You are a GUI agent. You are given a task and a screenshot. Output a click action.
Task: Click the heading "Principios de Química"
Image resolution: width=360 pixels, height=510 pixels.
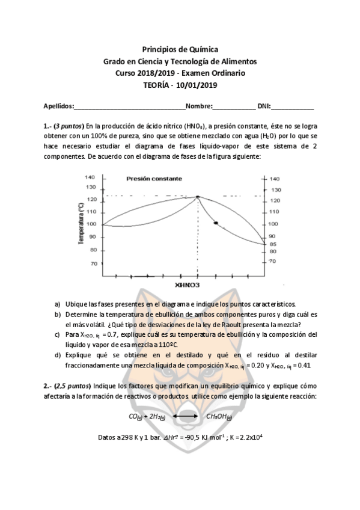pos(180,49)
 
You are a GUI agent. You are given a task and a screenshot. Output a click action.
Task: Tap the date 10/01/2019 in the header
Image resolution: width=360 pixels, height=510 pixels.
pos(195,85)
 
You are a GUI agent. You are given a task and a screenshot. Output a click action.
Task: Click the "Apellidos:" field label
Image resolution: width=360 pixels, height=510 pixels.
pos(58,106)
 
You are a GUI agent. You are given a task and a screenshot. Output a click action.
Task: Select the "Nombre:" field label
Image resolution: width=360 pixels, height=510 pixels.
pos(199,106)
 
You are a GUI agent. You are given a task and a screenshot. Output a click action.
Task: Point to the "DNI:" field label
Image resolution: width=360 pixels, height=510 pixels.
pos(264,106)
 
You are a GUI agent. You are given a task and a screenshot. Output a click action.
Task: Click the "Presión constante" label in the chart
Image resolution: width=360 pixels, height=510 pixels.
pos(154,179)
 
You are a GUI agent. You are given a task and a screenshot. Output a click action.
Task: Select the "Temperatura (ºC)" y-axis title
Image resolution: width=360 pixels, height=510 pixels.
pos(79,223)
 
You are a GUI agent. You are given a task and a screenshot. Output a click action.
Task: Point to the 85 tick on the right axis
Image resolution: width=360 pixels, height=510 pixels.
pos(272,244)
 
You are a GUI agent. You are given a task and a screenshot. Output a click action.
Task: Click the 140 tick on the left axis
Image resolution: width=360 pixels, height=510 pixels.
pos(91,177)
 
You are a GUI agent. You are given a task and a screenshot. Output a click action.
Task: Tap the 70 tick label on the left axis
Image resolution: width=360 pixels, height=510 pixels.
pos(93,263)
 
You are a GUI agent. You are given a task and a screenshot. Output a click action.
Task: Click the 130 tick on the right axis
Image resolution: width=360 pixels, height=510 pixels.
pos(274,189)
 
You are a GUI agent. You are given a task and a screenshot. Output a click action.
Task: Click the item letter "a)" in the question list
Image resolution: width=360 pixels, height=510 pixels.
pos(57,304)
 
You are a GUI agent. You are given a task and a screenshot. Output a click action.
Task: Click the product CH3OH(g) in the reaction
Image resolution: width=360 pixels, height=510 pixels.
pos(219,416)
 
